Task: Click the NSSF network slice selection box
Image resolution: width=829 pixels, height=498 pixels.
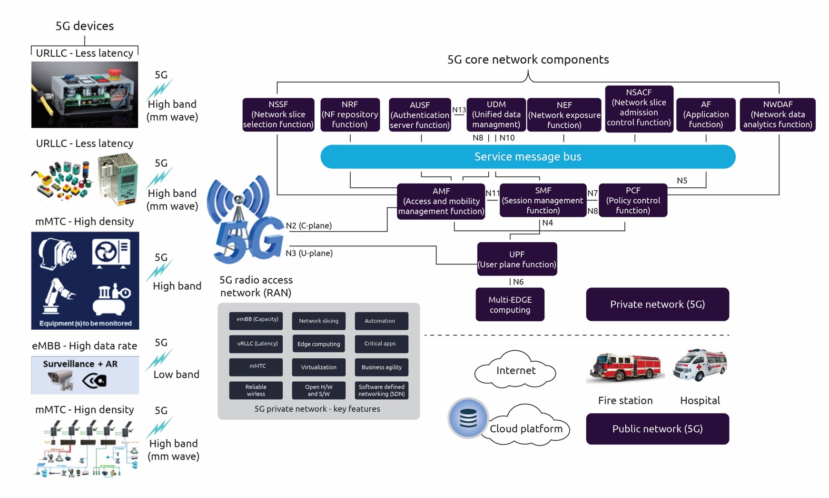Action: click(278, 114)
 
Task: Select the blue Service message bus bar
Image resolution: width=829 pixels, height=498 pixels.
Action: click(527, 157)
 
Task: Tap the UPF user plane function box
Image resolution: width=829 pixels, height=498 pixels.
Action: click(517, 259)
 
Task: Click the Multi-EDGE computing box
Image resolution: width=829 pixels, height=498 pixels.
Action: click(510, 305)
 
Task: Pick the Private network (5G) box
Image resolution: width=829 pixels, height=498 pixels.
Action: click(657, 304)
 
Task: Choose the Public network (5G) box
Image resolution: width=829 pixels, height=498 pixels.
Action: click(657, 429)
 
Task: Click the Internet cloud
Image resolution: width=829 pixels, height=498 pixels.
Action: click(515, 370)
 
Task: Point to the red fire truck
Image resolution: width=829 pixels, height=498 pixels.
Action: click(624, 367)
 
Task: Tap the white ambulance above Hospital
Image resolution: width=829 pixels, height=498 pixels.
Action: click(700, 365)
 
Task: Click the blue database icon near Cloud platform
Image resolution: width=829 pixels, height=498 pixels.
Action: click(468, 418)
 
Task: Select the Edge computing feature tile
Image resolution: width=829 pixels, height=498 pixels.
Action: click(318, 344)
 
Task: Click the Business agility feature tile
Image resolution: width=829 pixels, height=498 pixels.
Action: click(381, 367)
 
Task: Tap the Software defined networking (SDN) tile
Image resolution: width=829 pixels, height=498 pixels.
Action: click(381, 390)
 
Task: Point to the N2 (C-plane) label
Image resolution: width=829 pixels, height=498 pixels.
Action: click(309, 225)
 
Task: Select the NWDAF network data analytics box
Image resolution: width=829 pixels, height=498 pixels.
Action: click(777, 114)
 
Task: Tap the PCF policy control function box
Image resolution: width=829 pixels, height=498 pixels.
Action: click(632, 200)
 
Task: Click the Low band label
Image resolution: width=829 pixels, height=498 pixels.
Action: click(176, 375)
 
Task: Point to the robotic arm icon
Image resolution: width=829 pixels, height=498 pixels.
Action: click(58, 296)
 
